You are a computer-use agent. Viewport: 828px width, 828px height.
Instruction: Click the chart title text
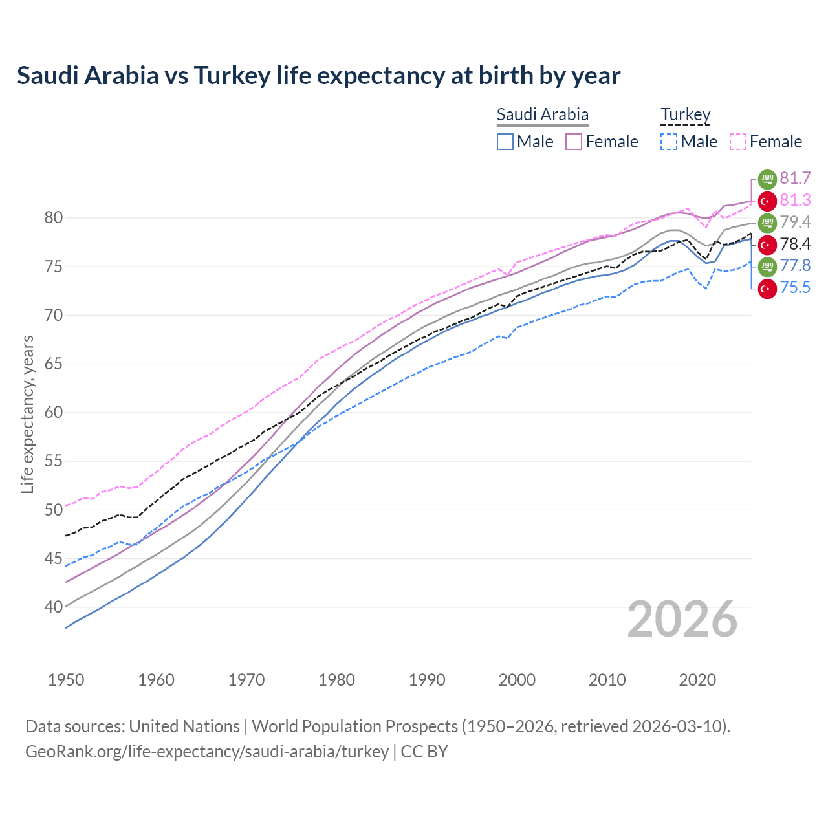(x=318, y=76)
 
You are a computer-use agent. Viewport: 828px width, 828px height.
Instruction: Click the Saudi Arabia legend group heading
(x=542, y=114)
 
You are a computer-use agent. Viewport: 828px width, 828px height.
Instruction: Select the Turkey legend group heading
(x=685, y=114)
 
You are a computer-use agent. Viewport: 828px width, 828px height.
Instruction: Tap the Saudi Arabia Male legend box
(x=505, y=142)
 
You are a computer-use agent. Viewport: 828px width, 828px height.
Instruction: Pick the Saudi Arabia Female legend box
(x=574, y=142)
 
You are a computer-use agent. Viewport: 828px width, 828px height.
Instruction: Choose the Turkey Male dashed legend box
(x=669, y=142)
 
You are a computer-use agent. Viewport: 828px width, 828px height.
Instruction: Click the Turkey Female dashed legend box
(x=738, y=142)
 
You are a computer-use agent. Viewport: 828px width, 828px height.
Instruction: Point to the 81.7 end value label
(x=795, y=178)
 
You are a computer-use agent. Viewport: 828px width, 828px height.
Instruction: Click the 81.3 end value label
(x=795, y=201)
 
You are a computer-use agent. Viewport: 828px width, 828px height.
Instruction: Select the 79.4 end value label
(x=795, y=222)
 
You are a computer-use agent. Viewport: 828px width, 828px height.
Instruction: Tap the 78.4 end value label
(x=795, y=244)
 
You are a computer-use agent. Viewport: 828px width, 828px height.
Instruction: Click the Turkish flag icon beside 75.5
(x=767, y=288)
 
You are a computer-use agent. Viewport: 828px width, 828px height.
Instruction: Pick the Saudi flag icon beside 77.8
(x=767, y=266)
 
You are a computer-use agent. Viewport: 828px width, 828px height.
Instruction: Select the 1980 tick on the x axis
(x=336, y=680)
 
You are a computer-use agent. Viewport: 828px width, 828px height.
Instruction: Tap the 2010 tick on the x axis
(x=607, y=680)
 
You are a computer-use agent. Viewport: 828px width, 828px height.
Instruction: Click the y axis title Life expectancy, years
(x=27, y=414)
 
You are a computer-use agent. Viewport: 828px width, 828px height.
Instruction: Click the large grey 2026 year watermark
(x=682, y=619)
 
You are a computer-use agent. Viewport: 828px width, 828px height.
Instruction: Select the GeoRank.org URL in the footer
(x=207, y=752)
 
